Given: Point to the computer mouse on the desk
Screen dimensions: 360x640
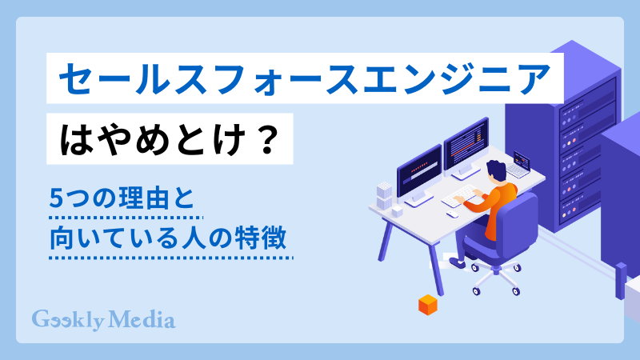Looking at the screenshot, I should tap(452, 214).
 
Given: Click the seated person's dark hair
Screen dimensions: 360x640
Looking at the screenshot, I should tap(496, 170).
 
